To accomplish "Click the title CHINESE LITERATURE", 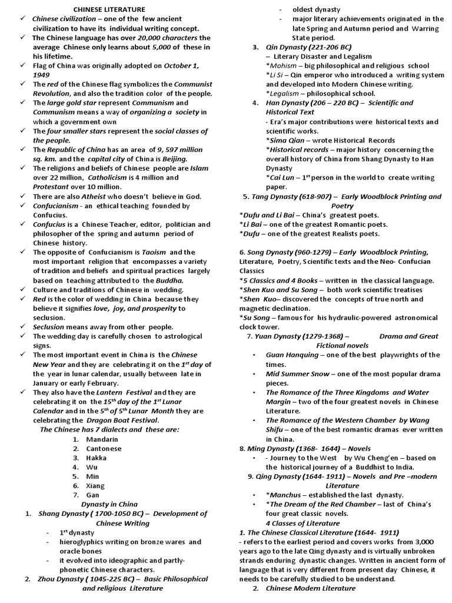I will pyautogui.click(x=109, y=9).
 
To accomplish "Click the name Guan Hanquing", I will pyautogui.click(x=292, y=354).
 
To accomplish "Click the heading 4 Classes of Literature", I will pyautogui.click(x=303, y=523).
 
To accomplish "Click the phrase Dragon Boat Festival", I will pyautogui.click(x=122, y=420).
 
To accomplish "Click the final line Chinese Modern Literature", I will pyautogui.click(x=310, y=588).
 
